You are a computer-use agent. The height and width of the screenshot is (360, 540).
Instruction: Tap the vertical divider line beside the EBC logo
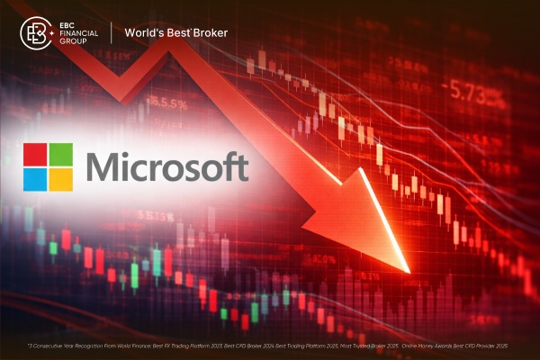tap(112, 33)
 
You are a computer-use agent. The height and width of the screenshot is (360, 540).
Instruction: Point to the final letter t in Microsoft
tap(242, 167)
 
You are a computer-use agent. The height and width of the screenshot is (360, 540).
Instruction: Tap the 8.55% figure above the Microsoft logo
tap(170, 103)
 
